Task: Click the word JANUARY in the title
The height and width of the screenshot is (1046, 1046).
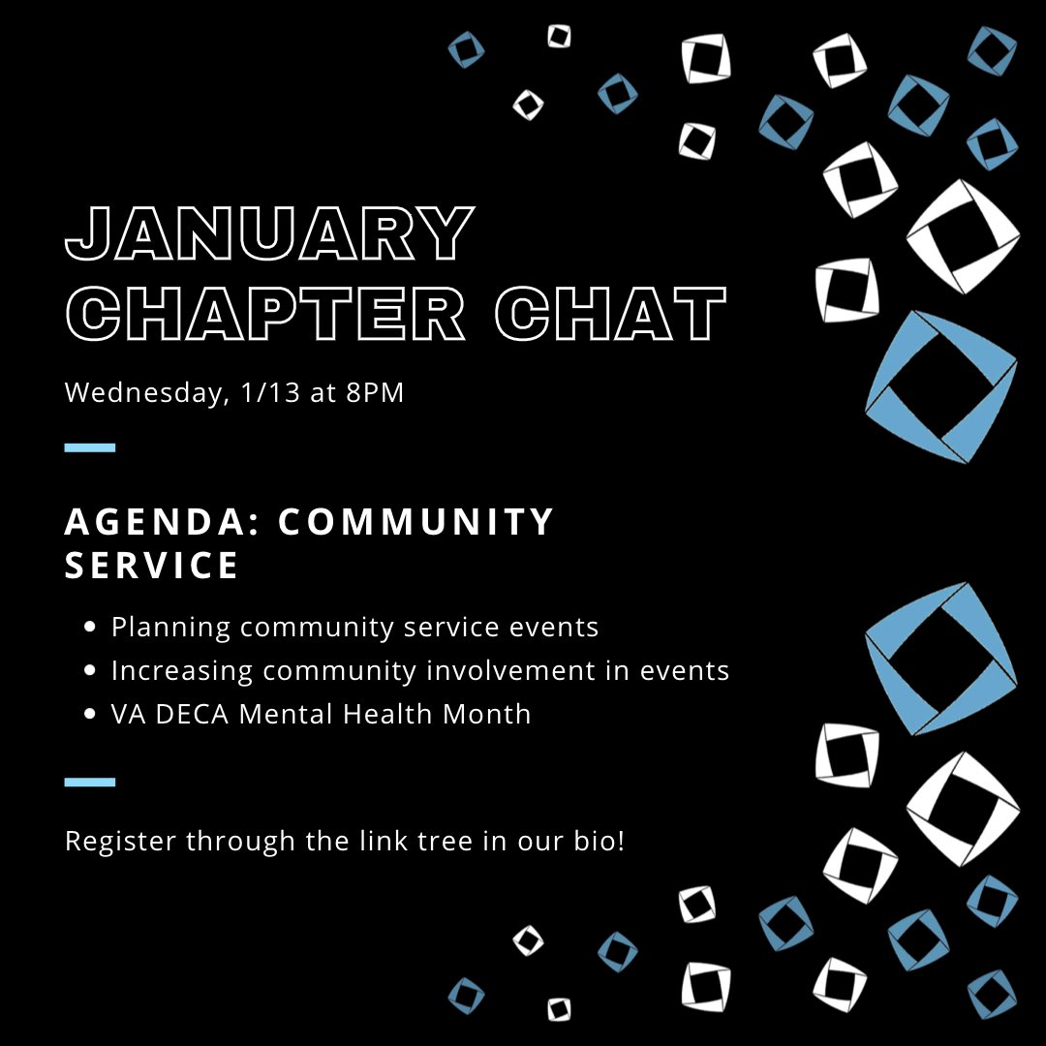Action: click(x=269, y=234)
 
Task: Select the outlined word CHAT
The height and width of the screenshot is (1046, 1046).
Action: click(x=611, y=314)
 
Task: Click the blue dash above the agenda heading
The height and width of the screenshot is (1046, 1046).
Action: click(x=90, y=447)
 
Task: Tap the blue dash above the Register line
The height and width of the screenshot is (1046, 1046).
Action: click(x=90, y=782)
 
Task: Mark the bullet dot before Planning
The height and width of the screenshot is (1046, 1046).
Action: click(x=90, y=628)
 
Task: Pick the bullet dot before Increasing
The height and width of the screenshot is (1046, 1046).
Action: click(x=90, y=670)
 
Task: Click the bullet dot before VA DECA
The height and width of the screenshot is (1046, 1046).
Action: click(x=90, y=715)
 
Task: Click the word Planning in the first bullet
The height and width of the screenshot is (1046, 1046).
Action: click(x=170, y=628)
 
